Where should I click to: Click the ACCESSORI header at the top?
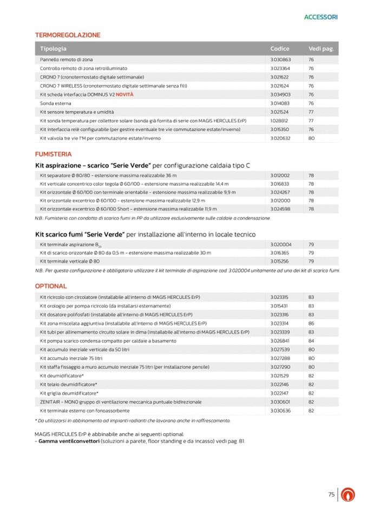320,17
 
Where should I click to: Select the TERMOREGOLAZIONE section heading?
68,35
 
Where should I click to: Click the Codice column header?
280,49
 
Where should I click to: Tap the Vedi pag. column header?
320,49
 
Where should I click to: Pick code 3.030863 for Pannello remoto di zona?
280,60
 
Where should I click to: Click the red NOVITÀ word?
124,94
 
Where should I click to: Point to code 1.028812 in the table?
279,121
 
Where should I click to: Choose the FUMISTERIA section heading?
53,154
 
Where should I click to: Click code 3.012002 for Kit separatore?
280,176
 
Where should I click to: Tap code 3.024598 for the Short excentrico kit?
280,208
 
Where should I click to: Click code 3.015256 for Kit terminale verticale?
280,261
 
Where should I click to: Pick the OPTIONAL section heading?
51,286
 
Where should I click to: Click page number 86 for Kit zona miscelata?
311,323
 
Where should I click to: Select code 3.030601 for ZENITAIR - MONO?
280,402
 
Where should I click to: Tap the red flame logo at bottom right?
350,495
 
